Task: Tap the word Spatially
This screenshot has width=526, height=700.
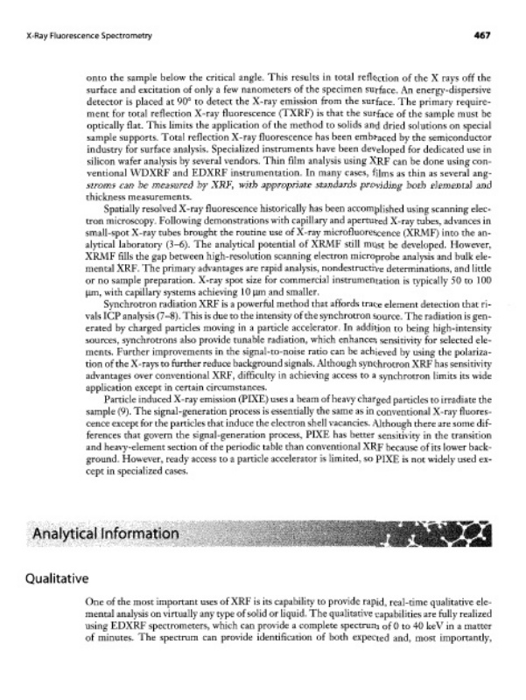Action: coord(127,238)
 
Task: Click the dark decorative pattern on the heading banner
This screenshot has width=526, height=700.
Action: coord(459,531)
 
